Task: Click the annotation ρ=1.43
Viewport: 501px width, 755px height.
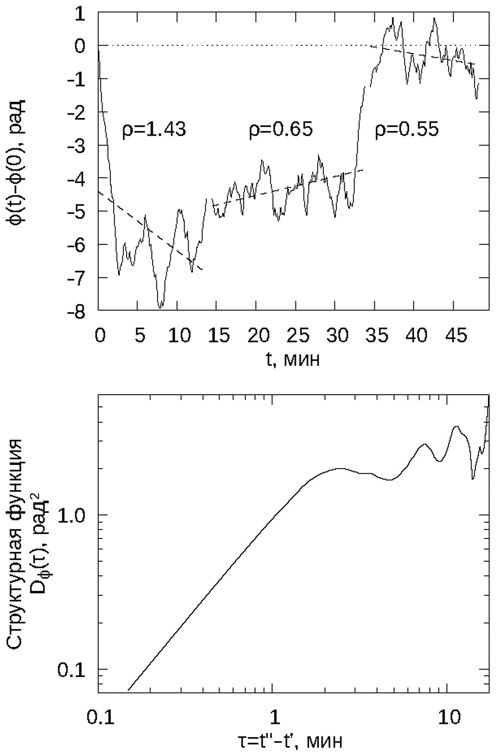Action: (154, 130)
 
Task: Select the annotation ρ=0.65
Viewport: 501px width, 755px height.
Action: (281, 130)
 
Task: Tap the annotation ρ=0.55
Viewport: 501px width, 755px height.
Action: (407, 130)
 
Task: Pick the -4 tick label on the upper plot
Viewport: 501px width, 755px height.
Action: (80, 178)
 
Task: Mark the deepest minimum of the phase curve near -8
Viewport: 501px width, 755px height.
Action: (160, 307)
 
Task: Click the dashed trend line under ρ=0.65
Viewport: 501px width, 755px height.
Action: (289, 188)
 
